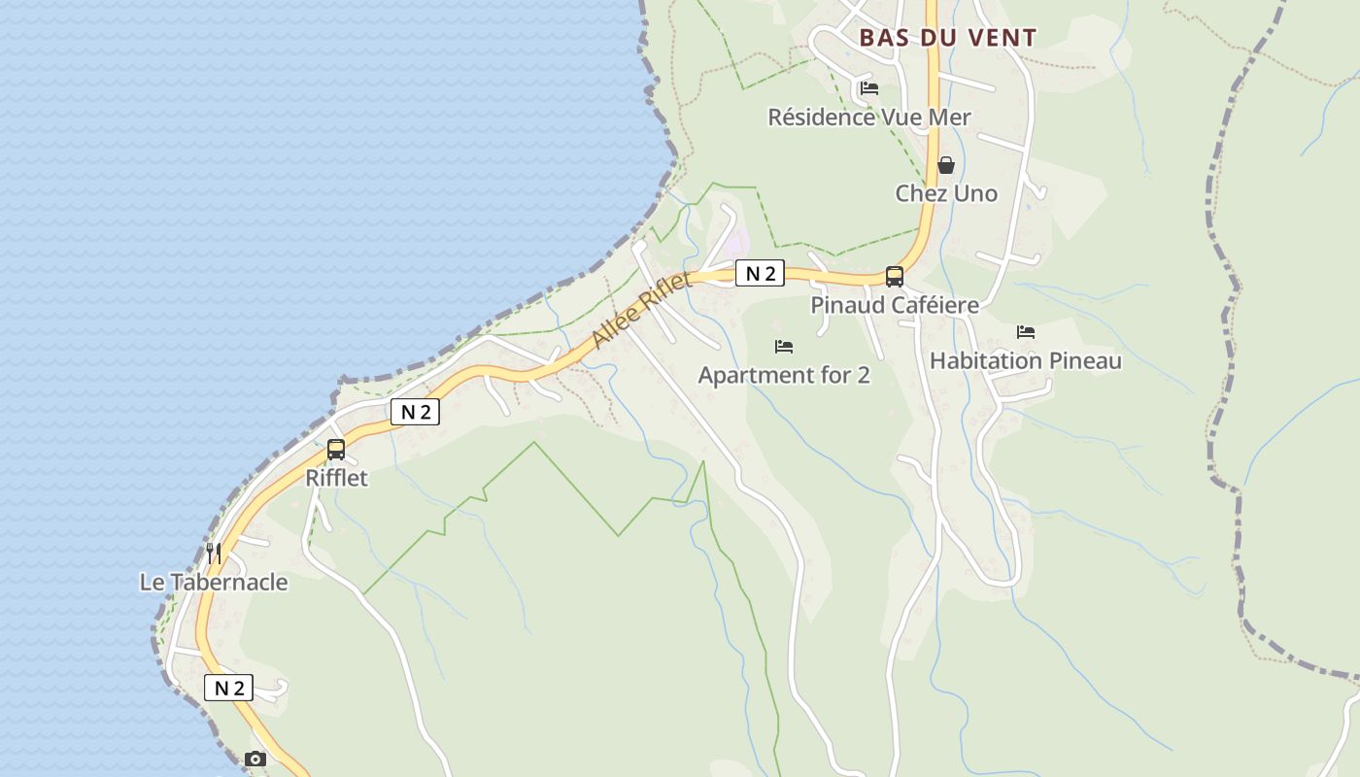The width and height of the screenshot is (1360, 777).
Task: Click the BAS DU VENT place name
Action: [947, 38]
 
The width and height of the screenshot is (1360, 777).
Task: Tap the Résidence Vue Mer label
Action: [869, 118]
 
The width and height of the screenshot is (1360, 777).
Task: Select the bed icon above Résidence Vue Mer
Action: [869, 88]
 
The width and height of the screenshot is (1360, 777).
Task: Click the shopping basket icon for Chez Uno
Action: [946, 165]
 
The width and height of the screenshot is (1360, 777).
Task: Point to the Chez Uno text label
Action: [946, 193]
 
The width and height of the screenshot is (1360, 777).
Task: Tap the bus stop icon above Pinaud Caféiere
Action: [895, 277]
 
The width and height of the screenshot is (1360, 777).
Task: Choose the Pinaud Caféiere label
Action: [895, 305]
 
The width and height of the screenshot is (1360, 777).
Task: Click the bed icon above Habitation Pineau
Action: [1026, 332]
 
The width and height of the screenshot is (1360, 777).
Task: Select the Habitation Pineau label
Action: [1026, 361]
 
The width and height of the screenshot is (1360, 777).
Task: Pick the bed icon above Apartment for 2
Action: [784, 346]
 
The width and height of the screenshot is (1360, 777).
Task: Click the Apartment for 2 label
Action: [784, 375]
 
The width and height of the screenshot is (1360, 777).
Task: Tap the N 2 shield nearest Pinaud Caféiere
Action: [760, 274]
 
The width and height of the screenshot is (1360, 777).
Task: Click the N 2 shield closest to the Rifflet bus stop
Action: [416, 412]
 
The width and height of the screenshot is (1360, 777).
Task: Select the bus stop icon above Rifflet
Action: [336, 450]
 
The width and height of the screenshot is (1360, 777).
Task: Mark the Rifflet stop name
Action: [336, 478]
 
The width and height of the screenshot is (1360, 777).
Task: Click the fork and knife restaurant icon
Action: [214, 554]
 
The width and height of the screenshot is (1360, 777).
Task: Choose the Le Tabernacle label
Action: [214, 583]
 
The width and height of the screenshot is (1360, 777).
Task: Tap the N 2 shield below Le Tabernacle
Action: [229, 689]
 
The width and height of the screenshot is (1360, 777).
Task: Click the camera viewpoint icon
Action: [255, 760]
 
